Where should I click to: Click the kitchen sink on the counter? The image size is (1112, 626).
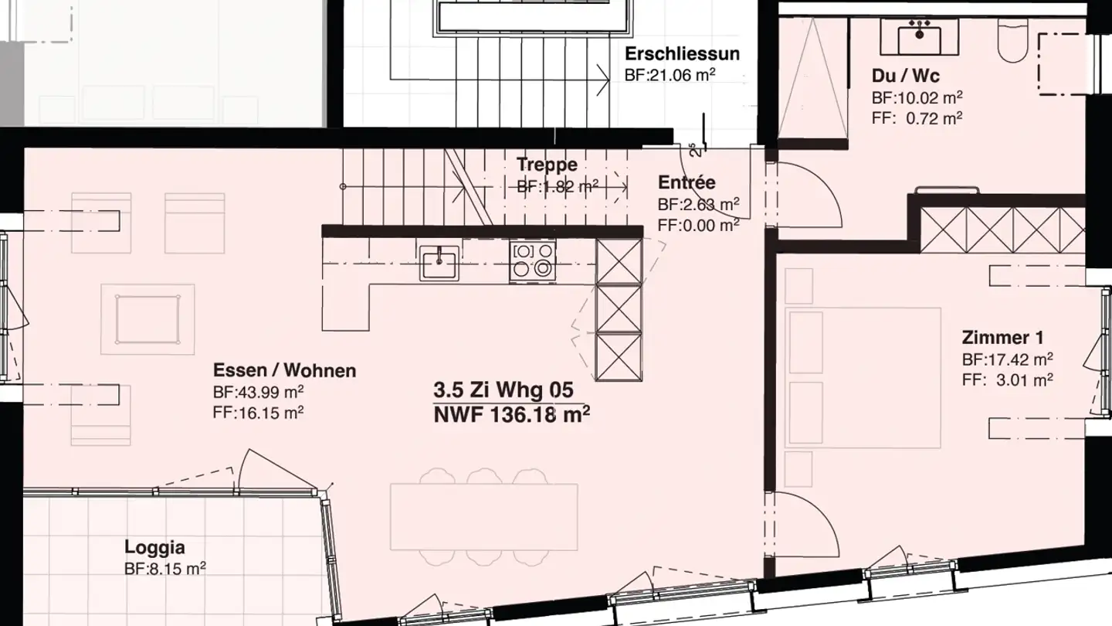pyautogui.click(x=439, y=263)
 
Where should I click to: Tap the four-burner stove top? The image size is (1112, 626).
pyautogui.click(x=533, y=260)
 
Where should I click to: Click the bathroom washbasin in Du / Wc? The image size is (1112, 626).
pyautogui.click(x=919, y=35)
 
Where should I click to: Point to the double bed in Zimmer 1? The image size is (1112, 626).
pyautogui.click(x=863, y=378)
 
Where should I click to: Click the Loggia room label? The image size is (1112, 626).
pyautogui.click(x=154, y=548)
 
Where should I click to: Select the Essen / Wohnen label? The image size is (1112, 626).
pyautogui.click(x=284, y=370)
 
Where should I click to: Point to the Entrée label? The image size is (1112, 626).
pyautogui.click(x=687, y=183)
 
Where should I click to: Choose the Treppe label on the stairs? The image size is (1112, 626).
pyautogui.click(x=547, y=165)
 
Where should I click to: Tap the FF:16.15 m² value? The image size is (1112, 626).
pyautogui.click(x=258, y=412)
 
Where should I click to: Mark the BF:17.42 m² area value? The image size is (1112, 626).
pyautogui.click(x=1008, y=359)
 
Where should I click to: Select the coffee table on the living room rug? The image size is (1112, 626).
pyautogui.click(x=147, y=319)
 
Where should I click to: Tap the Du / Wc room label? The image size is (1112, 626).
pyautogui.click(x=906, y=77)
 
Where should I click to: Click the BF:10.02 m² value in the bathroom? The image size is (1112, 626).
pyautogui.click(x=917, y=97)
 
